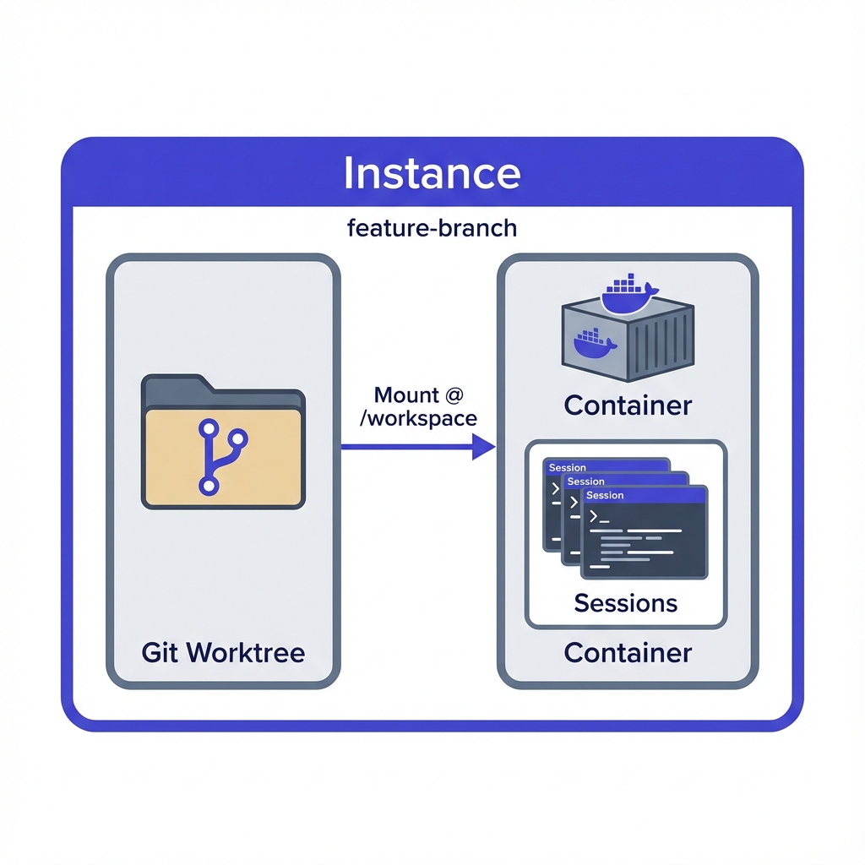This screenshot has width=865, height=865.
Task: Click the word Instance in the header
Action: tap(432, 173)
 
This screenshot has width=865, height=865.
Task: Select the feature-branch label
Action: tap(432, 227)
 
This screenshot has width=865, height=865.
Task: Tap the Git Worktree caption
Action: tap(223, 652)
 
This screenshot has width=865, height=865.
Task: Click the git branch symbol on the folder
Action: tap(221, 457)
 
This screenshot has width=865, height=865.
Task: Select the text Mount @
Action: tap(418, 395)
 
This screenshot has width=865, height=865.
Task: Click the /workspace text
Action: tap(418, 417)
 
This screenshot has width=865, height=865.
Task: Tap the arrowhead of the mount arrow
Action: tap(483, 446)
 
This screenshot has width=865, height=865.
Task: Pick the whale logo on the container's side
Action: tap(596, 343)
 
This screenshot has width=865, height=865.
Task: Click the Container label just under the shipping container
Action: tap(628, 405)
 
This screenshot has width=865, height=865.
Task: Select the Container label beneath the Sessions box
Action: tap(628, 652)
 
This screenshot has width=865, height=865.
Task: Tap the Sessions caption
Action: tap(625, 602)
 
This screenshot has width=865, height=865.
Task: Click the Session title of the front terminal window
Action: tap(605, 496)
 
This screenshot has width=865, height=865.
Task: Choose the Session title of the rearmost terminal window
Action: tap(568, 467)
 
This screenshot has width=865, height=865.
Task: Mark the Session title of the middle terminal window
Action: tap(586, 481)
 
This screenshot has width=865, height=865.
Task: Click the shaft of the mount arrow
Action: tap(405, 446)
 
